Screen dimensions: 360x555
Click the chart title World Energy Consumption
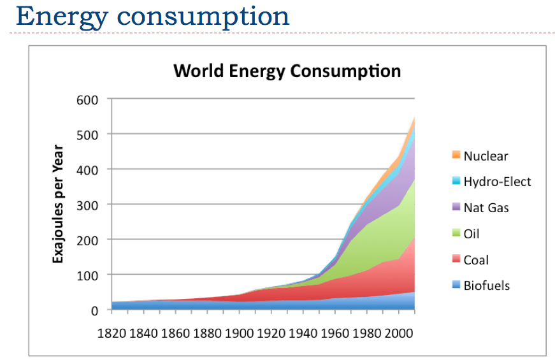(x=287, y=71)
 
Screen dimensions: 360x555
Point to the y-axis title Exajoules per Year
(x=58, y=204)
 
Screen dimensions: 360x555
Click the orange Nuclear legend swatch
(x=456, y=155)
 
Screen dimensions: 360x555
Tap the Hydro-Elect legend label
(x=497, y=182)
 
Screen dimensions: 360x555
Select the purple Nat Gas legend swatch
(x=456, y=208)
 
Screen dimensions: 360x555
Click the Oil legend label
(x=472, y=234)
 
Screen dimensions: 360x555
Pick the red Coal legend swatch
(x=456, y=260)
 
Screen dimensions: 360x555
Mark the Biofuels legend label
(x=487, y=286)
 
